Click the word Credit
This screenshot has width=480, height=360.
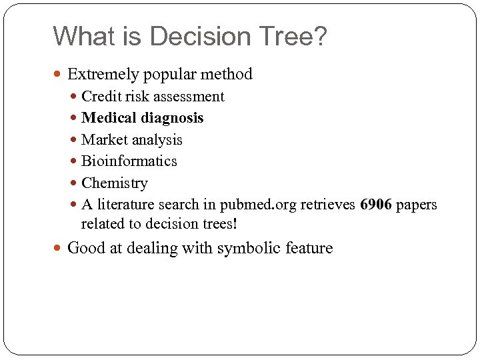(x=100, y=97)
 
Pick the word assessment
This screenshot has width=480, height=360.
(x=189, y=97)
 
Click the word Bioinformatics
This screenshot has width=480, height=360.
(x=129, y=161)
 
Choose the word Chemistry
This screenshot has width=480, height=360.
(x=114, y=183)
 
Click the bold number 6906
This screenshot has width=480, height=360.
(x=375, y=205)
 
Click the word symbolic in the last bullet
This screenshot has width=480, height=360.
(x=247, y=249)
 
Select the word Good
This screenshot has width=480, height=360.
(x=85, y=249)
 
